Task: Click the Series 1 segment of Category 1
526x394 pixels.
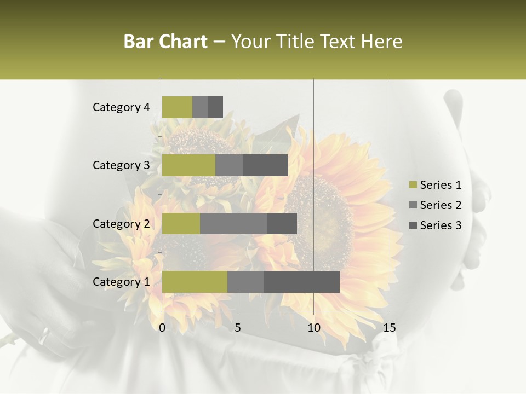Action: pyautogui.click(x=195, y=282)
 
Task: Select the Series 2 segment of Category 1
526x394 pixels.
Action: pyautogui.click(x=245, y=282)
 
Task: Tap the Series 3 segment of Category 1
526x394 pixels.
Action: pyautogui.click(x=301, y=282)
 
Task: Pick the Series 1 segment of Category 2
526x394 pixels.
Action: pyautogui.click(x=181, y=223)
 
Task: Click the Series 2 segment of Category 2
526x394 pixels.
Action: pyautogui.click(x=233, y=223)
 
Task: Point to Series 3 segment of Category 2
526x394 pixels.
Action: pyautogui.click(x=282, y=223)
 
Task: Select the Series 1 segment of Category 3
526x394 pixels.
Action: pyautogui.click(x=188, y=165)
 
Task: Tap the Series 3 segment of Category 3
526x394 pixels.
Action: pyautogui.click(x=265, y=165)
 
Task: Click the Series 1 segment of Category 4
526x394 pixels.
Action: pyautogui.click(x=177, y=107)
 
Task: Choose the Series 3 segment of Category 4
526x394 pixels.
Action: pyautogui.click(x=215, y=107)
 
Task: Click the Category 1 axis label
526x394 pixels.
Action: pyautogui.click(x=121, y=282)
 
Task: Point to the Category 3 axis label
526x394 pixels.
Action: pyautogui.click(x=121, y=165)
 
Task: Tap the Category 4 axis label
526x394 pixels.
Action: pyautogui.click(x=121, y=107)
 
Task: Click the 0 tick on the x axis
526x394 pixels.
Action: pyautogui.click(x=162, y=328)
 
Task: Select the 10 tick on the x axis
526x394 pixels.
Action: pyautogui.click(x=313, y=328)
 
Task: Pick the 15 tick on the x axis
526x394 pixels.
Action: pyautogui.click(x=389, y=328)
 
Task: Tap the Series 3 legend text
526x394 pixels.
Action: pyautogui.click(x=441, y=225)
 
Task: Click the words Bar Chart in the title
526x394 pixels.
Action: pyautogui.click(x=165, y=42)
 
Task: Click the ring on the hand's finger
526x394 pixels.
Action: pyautogui.click(x=44, y=335)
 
